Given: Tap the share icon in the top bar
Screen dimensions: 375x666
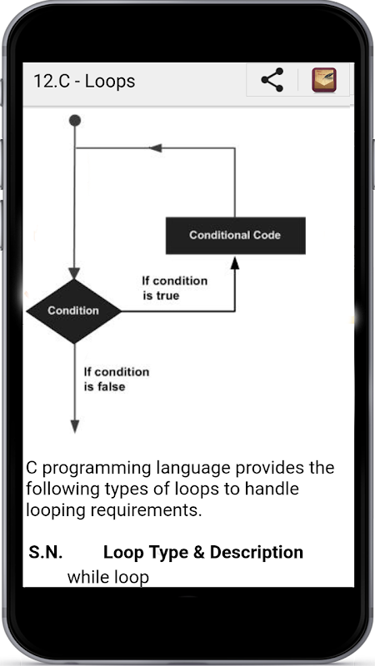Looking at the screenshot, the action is click(x=272, y=79).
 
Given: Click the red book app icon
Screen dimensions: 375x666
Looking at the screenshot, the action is click(x=324, y=80).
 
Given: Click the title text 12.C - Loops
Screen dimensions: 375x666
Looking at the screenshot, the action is click(x=84, y=81).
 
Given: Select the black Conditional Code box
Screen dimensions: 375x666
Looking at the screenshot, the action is click(x=236, y=236).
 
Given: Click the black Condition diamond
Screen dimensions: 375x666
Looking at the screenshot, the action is click(x=74, y=311).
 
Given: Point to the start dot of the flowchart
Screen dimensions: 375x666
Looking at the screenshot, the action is click(x=75, y=121).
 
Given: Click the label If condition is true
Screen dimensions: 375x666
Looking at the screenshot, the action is click(x=175, y=288).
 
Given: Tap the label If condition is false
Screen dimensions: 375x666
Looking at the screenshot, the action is click(x=117, y=379).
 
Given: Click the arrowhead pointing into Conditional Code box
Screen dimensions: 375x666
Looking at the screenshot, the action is click(x=235, y=263).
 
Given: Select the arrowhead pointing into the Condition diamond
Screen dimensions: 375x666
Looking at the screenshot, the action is click(x=74, y=273).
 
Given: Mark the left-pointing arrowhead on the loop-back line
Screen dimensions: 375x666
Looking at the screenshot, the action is click(x=156, y=148).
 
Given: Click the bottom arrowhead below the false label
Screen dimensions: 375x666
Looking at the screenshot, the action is click(x=75, y=426).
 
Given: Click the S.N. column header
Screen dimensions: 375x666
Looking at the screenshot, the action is click(x=46, y=552).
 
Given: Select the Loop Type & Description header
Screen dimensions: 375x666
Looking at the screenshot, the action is click(x=203, y=552).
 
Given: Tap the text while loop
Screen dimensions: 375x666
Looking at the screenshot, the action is click(x=108, y=577).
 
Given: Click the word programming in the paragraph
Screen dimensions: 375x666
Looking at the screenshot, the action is click(x=97, y=469).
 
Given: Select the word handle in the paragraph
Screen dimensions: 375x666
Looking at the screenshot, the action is click(x=272, y=489).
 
